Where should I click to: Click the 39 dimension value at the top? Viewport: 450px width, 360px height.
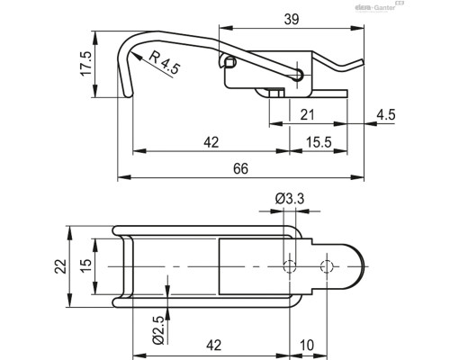(292, 20)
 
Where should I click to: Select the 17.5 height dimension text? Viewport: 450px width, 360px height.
(85, 64)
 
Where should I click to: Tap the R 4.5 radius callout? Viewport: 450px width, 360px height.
(165, 62)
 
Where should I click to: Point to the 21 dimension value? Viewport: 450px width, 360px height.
(307, 115)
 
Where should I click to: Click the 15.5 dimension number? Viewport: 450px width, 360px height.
(319, 142)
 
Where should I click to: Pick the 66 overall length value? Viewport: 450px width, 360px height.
(240, 169)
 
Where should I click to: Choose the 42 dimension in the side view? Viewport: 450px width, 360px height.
(211, 142)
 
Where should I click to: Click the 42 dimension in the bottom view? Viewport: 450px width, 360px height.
(213, 346)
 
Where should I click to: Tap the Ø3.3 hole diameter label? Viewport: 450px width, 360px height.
(290, 199)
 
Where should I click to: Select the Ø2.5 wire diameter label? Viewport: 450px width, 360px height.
(158, 330)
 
